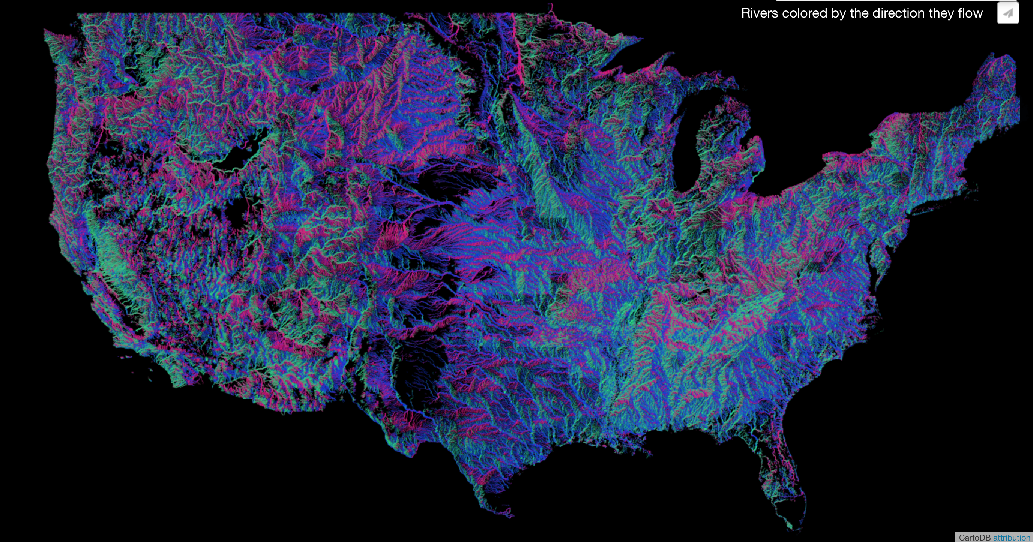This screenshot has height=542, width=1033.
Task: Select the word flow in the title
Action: click(970, 13)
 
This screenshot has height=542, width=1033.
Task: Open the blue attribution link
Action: click(1011, 538)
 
